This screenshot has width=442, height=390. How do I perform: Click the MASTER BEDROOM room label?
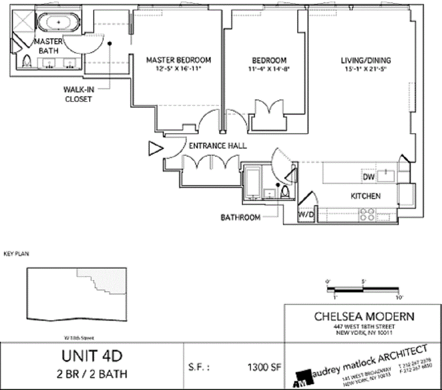point(179,60)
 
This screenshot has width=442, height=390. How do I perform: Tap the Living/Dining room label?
point(366,61)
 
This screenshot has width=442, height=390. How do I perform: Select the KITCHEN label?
point(365,196)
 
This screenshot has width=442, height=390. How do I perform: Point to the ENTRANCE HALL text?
point(217,146)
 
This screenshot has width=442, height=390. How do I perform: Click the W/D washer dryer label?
point(306,215)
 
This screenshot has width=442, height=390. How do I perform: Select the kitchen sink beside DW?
point(386,175)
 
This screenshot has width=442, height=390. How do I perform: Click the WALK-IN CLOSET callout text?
point(78,95)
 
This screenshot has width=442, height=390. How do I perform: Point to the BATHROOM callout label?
point(240,218)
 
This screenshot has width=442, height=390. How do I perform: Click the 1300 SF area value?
point(264,368)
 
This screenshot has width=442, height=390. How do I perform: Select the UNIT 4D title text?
point(91,357)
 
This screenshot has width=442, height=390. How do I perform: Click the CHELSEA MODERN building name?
point(364,317)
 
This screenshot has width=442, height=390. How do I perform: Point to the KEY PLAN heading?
point(16,254)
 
